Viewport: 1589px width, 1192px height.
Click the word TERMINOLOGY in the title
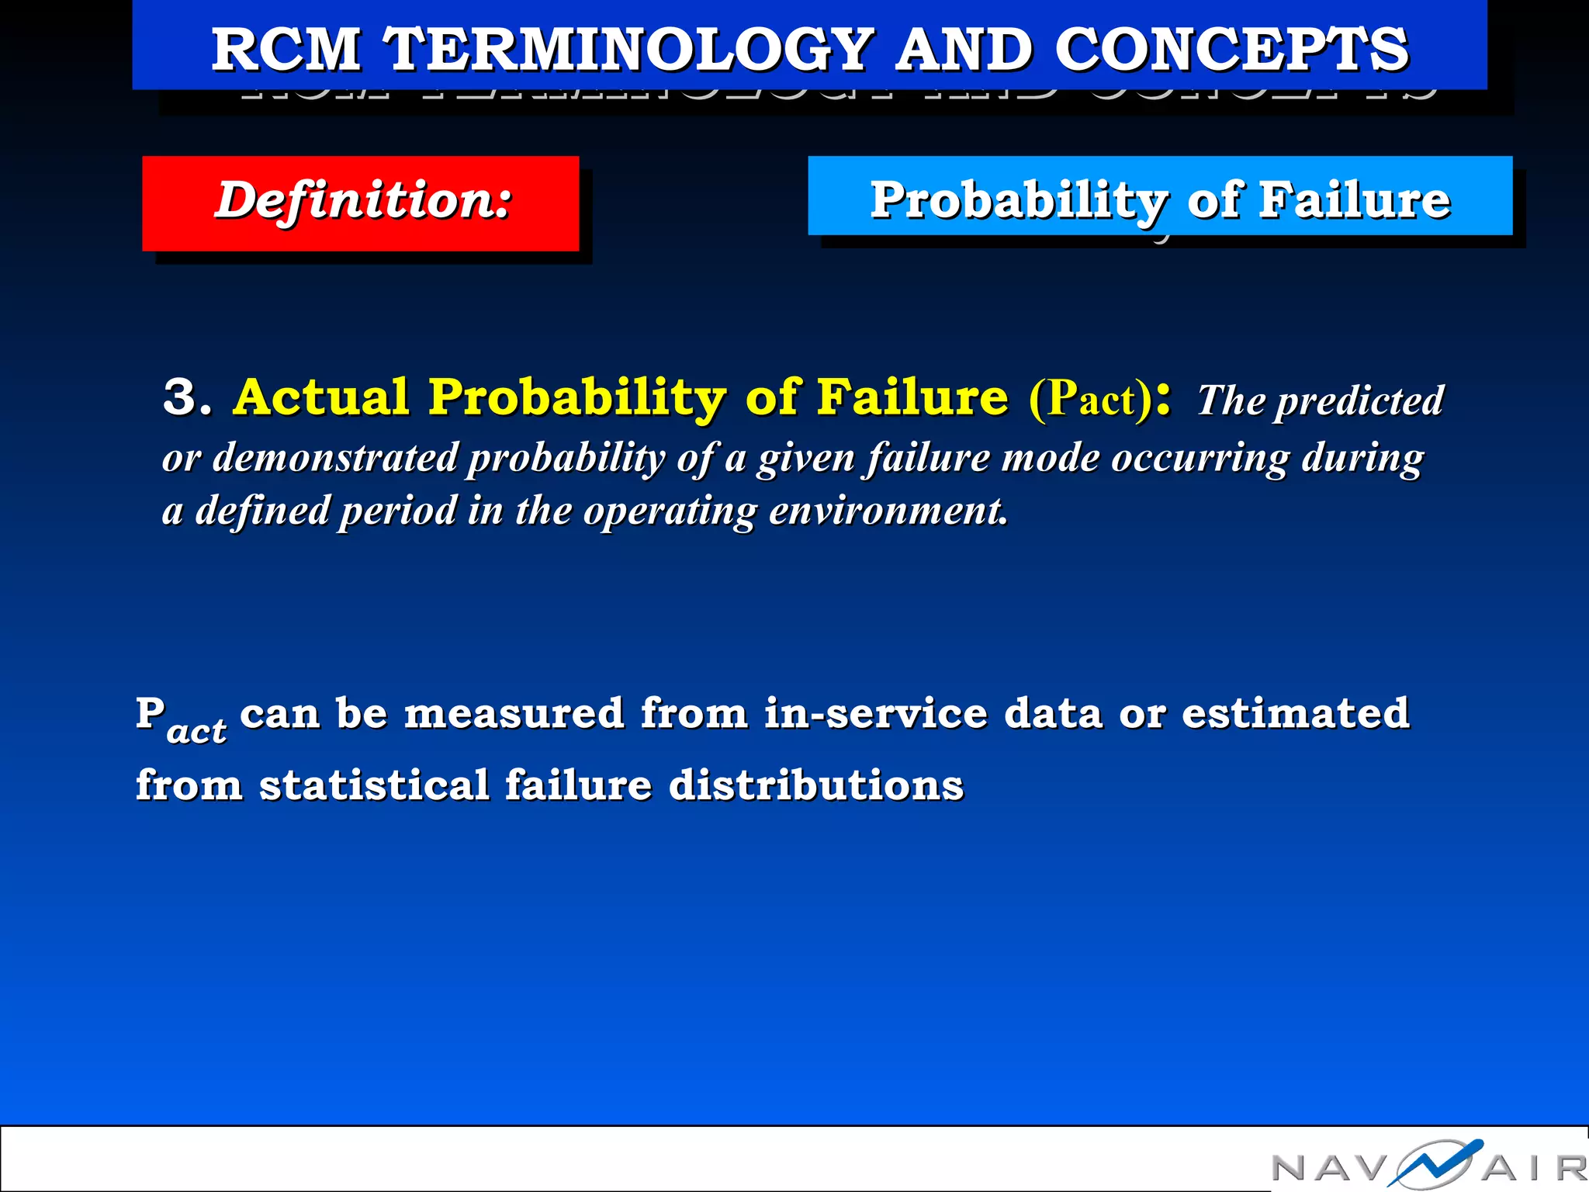(x=630, y=50)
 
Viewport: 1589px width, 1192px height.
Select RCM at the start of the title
(x=286, y=50)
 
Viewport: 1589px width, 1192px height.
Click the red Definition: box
(x=361, y=203)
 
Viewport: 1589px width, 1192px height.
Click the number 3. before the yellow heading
(x=186, y=397)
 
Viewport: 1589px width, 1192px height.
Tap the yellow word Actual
(x=321, y=397)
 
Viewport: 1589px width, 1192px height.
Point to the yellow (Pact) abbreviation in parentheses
(x=1090, y=399)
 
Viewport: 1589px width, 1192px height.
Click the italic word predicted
(x=1360, y=402)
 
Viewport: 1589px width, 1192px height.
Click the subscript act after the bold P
(x=196, y=731)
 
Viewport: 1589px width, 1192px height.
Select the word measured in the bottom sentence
(x=514, y=713)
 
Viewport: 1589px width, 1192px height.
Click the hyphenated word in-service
(x=875, y=713)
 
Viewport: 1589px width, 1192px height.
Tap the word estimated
(x=1295, y=713)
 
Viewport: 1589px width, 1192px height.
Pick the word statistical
(x=374, y=785)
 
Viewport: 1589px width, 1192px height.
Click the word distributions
(x=816, y=785)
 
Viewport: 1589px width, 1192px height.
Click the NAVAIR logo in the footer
(x=1428, y=1164)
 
